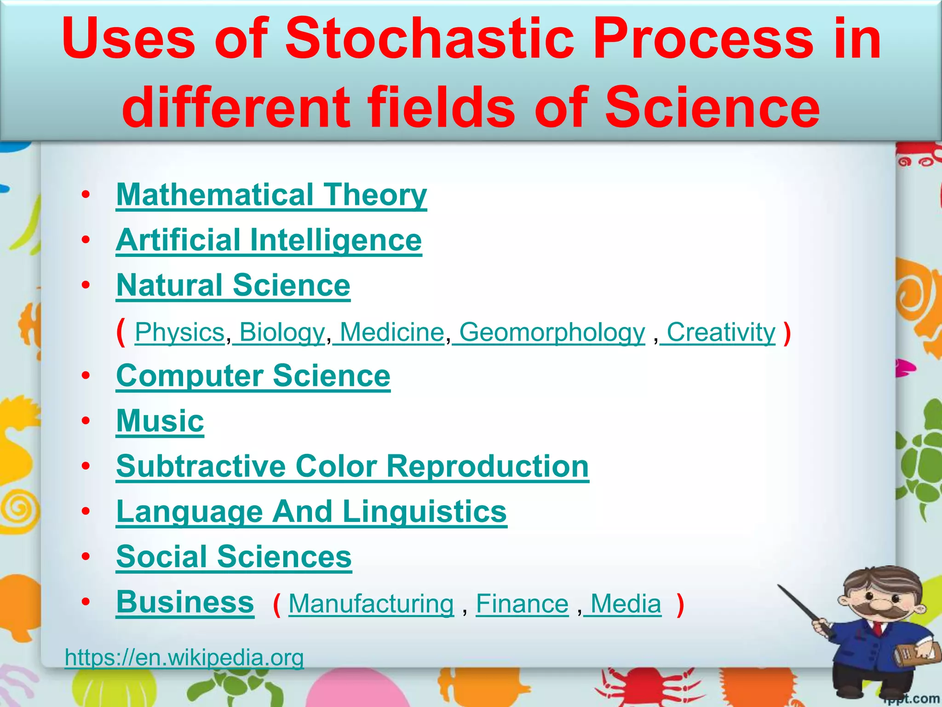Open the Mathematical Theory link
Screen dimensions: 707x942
(x=271, y=195)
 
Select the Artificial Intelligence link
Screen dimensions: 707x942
(x=269, y=240)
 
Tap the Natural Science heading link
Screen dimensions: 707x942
(x=233, y=285)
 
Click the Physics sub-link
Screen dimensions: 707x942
(x=179, y=332)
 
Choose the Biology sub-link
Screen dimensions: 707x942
(x=281, y=332)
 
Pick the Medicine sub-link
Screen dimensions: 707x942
(x=391, y=332)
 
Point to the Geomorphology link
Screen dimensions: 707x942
(x=552, y=332)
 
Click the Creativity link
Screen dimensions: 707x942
(x=720, y=332)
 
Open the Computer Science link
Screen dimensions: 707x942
(x=253, y=376)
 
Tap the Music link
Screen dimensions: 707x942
(x=160, y=421)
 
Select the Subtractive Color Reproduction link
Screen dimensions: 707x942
(x=352, y=467)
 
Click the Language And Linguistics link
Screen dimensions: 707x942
(x=311, y=512)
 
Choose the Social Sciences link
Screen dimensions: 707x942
(x=234, y=557)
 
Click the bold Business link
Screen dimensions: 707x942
(x=185, y=602)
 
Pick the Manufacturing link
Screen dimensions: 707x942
(x=371, y=604)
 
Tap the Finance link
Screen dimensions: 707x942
(x=522, y=604)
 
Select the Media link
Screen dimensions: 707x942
(x=626, y=604)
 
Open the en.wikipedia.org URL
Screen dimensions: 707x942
(x=184, y=657)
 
